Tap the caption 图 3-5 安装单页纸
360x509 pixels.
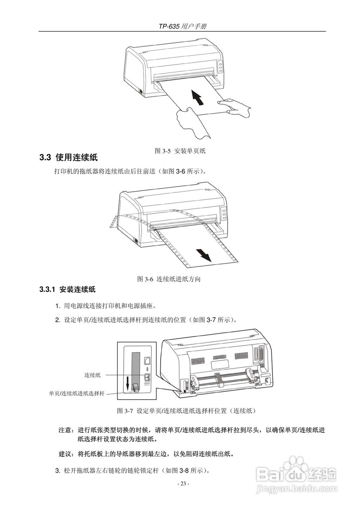tap(180, 151)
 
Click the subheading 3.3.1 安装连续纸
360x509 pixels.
tap(67, 289)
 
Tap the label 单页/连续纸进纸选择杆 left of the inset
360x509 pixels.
tap(77, 393)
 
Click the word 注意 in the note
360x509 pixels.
tap(65, 430)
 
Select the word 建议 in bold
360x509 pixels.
tap(65, 454)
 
